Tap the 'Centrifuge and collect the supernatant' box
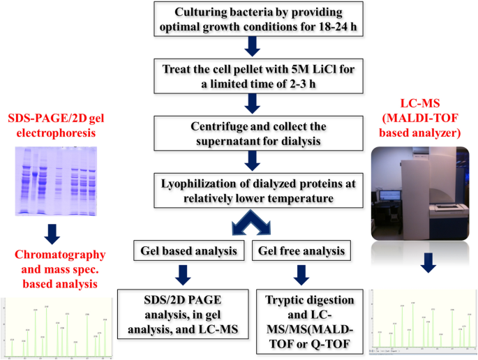point(253,133)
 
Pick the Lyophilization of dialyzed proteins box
point(253,188)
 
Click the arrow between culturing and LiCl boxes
point(253,46)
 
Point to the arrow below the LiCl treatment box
point(253,103)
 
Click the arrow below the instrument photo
point(426,262)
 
